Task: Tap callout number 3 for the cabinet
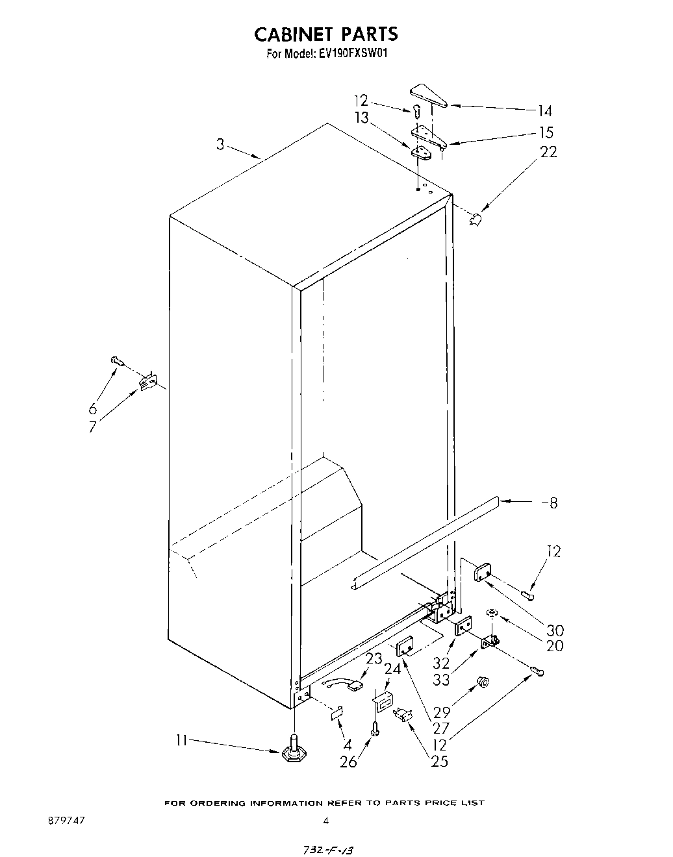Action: pos(221,144)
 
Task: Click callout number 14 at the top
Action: pos(544,111)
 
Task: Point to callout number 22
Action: pos(548,152)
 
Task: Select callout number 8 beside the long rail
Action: pos(553,503)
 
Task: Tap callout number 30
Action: pos(555,630)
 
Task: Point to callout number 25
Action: pos(439,761)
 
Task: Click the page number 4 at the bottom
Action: pos(325,821)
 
